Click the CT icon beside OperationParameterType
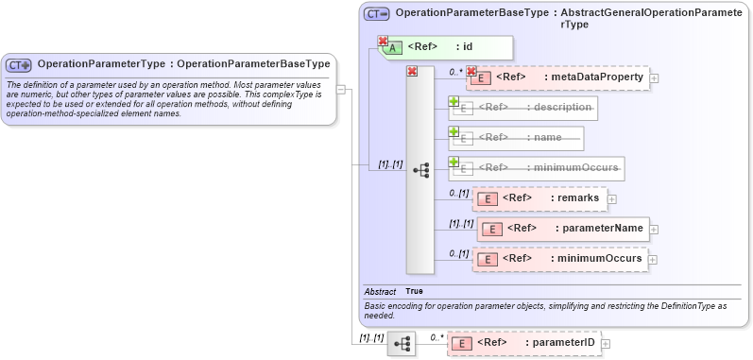(x=19, y=64)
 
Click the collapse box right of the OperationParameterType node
(x=341, y=90)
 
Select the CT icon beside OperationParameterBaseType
(x=376, y=14)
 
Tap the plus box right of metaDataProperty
(x=654, y=77)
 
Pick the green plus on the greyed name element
(x=454, y=131)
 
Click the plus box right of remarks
(x=612, y=198)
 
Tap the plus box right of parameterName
(x=654, y=229)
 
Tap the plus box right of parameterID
(x=607, y=343)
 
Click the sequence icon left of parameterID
(x=402, y=343)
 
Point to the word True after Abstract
(x=414, y=291)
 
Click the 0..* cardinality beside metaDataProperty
(x=455, y=71)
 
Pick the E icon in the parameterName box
(x=491, y=229)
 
